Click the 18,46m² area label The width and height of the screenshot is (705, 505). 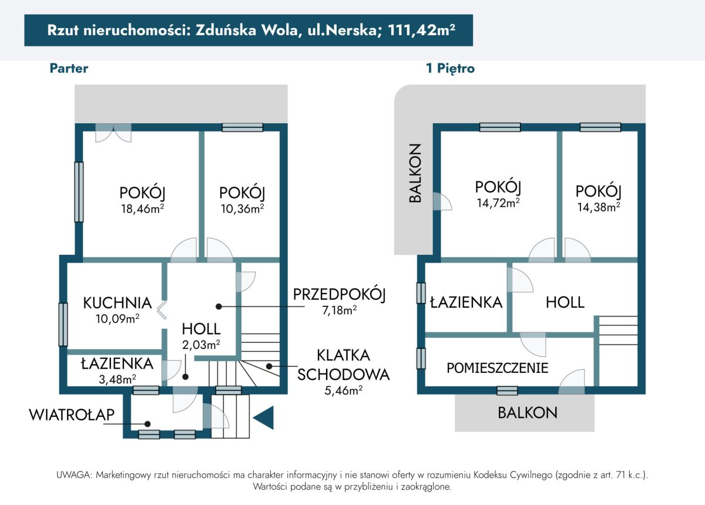143,208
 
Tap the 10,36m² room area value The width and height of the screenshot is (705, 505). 242,208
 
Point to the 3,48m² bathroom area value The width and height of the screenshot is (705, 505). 117,379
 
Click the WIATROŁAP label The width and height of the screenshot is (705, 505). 72,415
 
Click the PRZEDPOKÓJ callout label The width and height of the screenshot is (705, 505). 340,295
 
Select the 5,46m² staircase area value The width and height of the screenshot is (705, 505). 343,390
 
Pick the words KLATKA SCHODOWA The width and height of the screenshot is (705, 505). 343,365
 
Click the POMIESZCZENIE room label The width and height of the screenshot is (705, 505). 497,368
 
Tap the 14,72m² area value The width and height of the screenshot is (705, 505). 498,203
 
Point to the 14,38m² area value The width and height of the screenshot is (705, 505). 598,207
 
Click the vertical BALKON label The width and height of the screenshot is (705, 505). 415,173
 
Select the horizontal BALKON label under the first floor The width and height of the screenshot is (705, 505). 528,412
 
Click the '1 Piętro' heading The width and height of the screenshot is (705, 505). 450,68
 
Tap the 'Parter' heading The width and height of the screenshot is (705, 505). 69,68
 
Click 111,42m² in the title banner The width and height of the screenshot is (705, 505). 421,30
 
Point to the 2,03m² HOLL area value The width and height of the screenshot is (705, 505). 201,345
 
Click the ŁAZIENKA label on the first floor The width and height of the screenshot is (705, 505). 466,302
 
